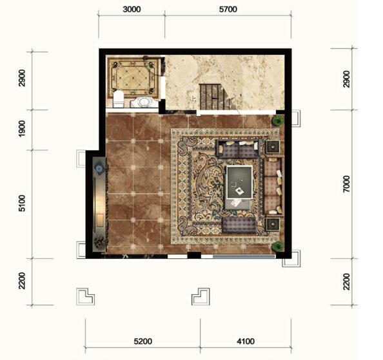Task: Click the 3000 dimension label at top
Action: point(132,10)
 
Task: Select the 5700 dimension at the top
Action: point(228,10)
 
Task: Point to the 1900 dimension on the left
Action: point(22,129)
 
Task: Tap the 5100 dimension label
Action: point(22,203)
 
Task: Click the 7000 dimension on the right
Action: point(346,184)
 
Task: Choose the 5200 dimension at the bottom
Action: point(143,341)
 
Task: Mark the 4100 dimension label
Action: point(246,341)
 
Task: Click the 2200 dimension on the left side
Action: point(22,281)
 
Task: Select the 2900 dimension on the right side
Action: point(346,79)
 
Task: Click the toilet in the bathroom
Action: point(119,99)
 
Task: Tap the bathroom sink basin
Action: point(144,102)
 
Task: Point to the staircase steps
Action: point(212,97)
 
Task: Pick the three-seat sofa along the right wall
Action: point(273,186)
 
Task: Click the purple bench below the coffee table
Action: point(239,225)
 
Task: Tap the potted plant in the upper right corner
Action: point(278,120)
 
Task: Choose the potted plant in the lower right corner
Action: point(278,246)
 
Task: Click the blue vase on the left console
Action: point(99,169)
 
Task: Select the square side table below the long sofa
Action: point(273,224)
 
